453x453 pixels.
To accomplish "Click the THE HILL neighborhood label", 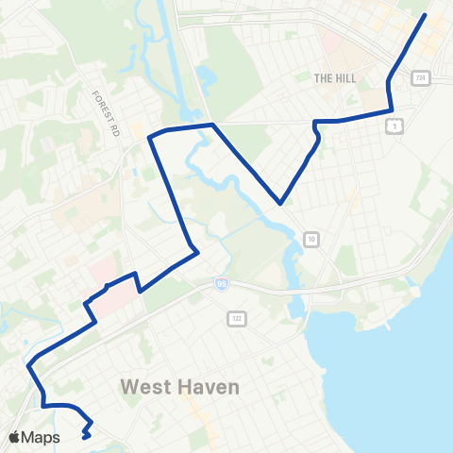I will click(335, 78).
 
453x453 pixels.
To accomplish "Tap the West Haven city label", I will click(180, 388).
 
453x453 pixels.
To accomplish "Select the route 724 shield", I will click(420, 78).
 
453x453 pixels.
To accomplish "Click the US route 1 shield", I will click(394, 126).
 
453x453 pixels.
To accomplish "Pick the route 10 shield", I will click(310, 240).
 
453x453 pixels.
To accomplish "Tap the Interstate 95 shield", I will click(221, 282).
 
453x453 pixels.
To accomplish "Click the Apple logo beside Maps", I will click(14, 437).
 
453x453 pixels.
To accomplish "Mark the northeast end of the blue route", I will click(426, 15).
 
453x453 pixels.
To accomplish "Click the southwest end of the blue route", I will click(85, 437).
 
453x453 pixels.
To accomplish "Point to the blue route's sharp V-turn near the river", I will click(280, 202).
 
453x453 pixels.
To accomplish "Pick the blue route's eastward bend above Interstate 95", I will click(195, 251).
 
